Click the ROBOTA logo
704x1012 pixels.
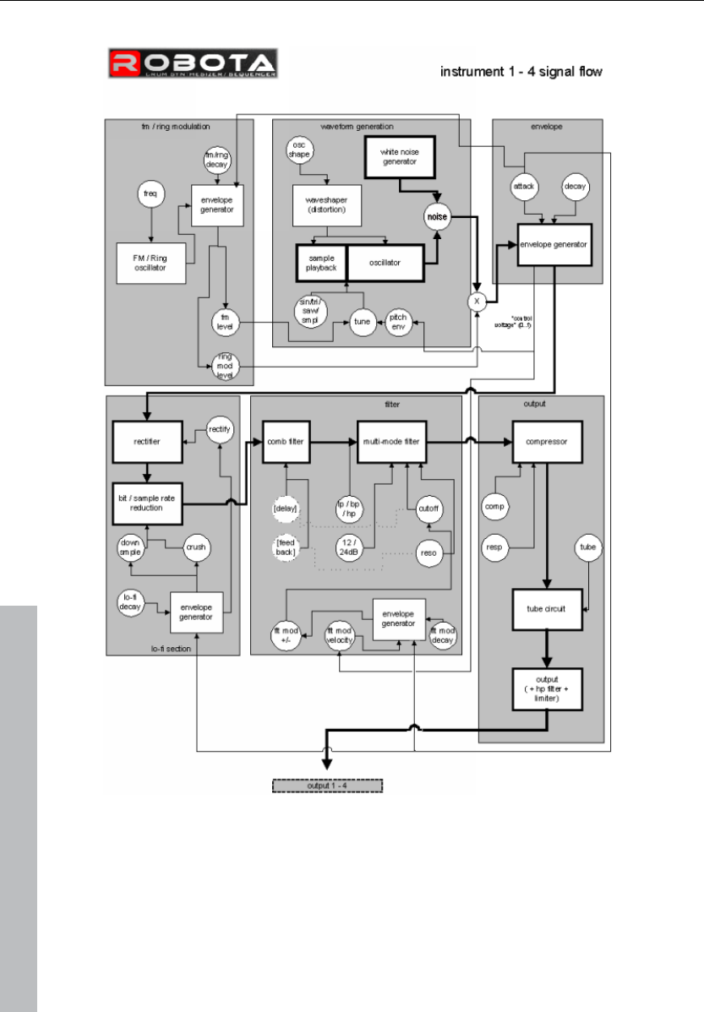click(191, 66)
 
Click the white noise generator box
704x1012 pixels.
click(398, 156)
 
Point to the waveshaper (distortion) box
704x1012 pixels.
click(327, 204)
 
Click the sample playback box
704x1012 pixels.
click(321, 262)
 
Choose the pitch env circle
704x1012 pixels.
click(399, 321)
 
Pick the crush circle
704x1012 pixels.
click(196, 547)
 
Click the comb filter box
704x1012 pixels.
click(287, 441)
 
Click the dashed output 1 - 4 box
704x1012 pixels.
click(326, 785)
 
